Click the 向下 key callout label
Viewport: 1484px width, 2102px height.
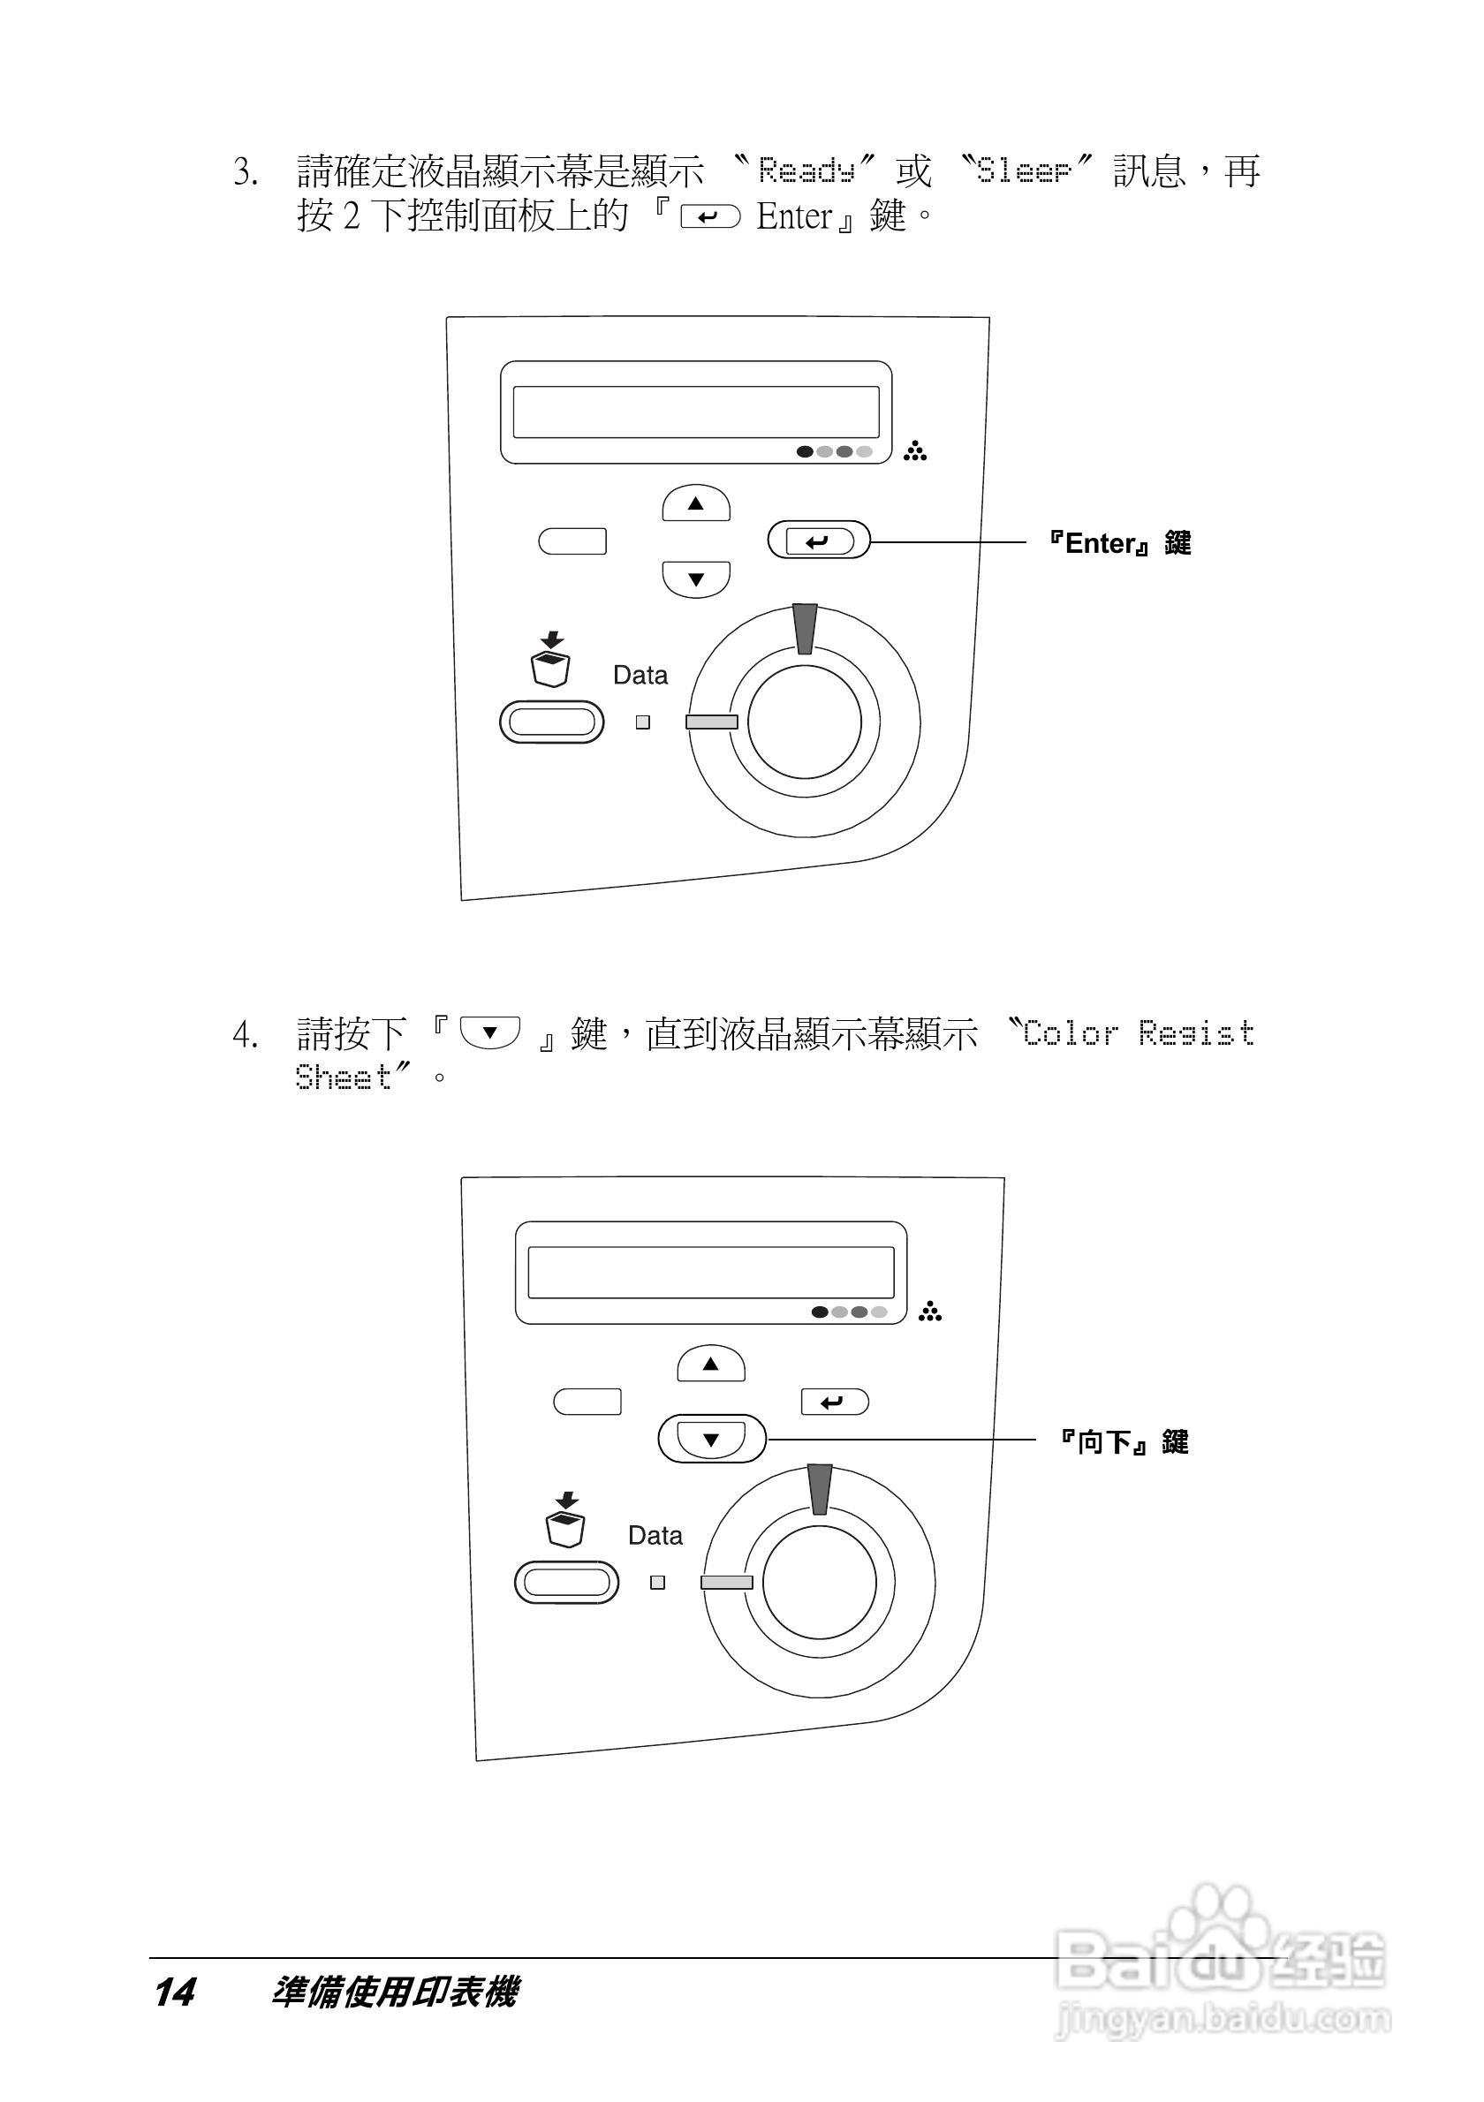point(1124,1443)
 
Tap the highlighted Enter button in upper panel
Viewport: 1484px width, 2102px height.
point(818,541)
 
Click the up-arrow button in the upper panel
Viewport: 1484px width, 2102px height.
point(696,503)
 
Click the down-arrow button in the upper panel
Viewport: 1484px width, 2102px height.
point(696,578)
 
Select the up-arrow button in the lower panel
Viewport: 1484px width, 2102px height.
point(710,1365)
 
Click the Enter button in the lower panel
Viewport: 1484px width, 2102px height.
point(834,1402)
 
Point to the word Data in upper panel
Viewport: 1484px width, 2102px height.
point(640,676)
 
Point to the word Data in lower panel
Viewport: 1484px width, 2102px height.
point(655,1535)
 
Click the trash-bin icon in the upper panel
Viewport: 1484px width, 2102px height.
point(551,660)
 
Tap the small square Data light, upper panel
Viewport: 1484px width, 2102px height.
point(643,722)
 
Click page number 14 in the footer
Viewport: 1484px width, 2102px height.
point(174,1992)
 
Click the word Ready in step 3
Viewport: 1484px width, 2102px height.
point(806,170)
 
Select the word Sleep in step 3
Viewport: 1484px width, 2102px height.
point(1024,170)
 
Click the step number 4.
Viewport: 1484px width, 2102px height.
point(244,1035)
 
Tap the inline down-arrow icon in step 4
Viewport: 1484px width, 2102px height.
point(489,1032)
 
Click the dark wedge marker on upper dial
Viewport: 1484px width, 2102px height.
point(805,628)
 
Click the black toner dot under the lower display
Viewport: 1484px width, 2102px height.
point(820,1312)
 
